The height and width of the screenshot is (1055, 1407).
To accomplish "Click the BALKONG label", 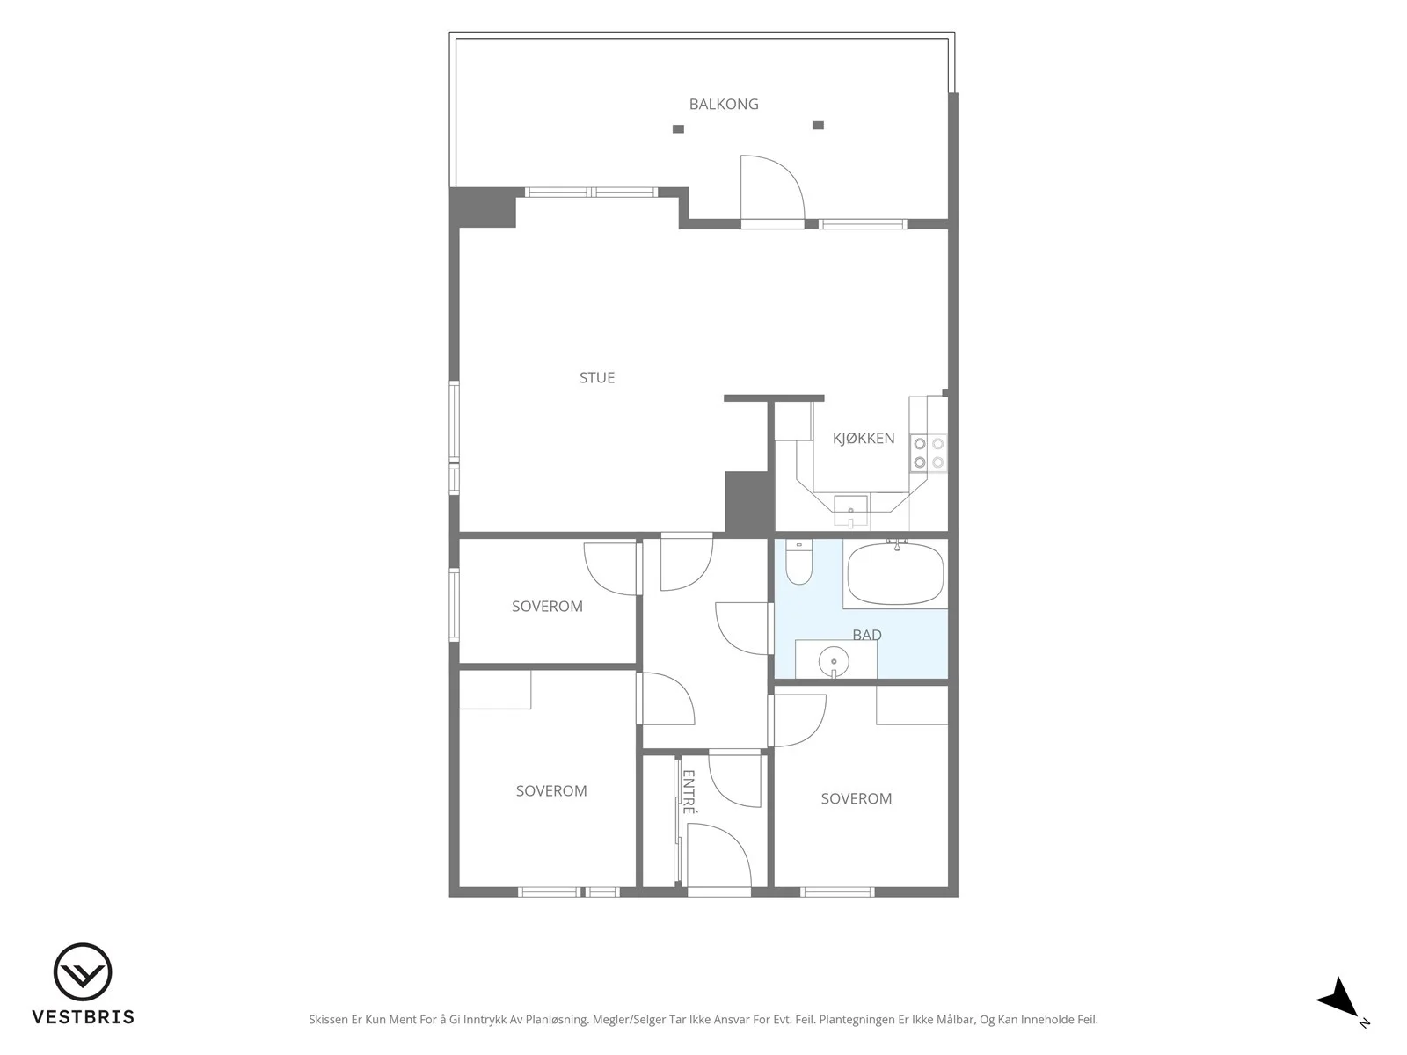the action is (x=724, y=104).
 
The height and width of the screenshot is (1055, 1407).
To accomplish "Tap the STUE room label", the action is (x=597, y=378).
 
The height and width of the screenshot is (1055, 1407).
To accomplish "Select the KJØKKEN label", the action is (x=864, y=438).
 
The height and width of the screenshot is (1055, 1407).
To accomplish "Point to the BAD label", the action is (x=867, y=635).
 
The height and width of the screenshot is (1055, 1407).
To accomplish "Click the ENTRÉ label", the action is (x=689, y=792).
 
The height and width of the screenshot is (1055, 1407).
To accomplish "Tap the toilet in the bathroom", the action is (x=798, y=563).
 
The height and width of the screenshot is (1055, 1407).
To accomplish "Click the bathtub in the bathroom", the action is (x=895, y=573).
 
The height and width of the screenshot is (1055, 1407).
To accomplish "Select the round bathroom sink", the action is (x=834, y=662).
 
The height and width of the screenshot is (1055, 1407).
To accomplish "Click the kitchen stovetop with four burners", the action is (x=928, y=453).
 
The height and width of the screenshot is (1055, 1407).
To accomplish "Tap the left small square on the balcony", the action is (x=678, y=128).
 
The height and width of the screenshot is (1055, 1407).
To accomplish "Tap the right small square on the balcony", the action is (x=818, y=126).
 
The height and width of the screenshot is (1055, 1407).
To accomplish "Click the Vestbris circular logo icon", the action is (x=83, y=971).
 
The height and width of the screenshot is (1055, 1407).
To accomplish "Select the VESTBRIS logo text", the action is (x=84, y=1016).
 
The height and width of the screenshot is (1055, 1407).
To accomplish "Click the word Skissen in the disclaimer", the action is (x=328, y=1020).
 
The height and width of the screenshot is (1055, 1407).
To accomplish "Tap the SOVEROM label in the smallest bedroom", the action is (x=548, y=606).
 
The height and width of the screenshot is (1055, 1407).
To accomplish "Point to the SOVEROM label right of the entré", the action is (x=857, y=799).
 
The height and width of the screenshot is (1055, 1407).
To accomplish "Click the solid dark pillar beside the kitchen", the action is (x=747, y=502).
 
